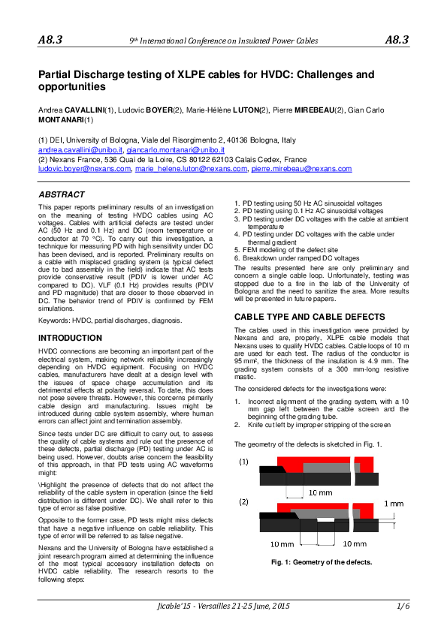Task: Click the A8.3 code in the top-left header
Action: [x=50, y=39]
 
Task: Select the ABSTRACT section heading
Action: [x=62, y=194]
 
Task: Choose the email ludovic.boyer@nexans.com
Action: [x=83, y=169]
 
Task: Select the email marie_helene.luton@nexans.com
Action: [x=191, y=169]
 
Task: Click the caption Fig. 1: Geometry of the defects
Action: [x=322, y=561]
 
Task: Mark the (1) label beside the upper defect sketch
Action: [x=245, y=462]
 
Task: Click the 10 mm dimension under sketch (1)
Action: [x=321, y=492]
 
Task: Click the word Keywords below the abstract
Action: [x=54, y=321]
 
